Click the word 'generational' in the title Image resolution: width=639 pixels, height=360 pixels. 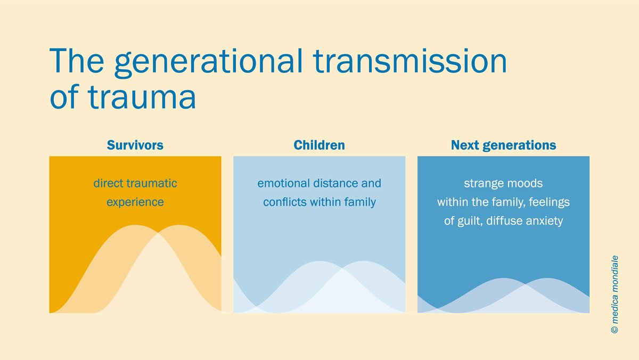click(208, 63)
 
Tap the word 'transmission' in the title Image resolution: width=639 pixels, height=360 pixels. click(409, 61)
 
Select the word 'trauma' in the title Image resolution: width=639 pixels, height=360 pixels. click(142, 96)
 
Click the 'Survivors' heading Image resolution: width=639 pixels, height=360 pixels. click(135, 145)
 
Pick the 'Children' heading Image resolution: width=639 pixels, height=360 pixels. click(319, 145)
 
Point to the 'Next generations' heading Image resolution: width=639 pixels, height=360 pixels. click(504, 145)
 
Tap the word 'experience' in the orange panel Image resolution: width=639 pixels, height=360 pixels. click(135, 202)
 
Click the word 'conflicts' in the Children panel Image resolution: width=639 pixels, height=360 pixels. click(285, 202)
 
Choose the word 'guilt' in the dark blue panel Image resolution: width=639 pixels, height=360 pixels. click(470, 221)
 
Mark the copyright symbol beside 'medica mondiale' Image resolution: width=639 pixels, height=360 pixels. click(615, 330)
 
